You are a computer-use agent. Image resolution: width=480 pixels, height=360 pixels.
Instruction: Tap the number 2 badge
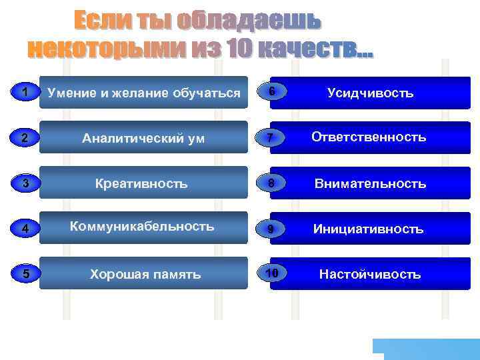click(x=24, y=138)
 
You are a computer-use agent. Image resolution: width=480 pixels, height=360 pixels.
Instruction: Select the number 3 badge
click(x=24, y=183)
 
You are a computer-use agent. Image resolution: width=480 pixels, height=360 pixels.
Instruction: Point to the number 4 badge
click(x=24, y=229)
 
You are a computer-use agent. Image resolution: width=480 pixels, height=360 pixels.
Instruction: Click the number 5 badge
click(x=24, y=274)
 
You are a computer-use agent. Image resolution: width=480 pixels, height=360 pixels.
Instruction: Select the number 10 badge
click(x=271, y=274)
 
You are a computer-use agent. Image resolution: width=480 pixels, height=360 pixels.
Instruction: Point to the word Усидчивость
click(x=371, y=93)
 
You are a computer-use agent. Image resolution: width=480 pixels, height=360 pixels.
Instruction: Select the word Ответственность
click(x=369, y=137)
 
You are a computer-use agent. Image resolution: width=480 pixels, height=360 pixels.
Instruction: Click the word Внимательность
click(x=370, y=183)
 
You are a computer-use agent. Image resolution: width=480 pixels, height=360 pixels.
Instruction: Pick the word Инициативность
click(x=369, y=229)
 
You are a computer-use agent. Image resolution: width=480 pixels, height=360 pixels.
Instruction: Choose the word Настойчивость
click(x=370, y=274)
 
